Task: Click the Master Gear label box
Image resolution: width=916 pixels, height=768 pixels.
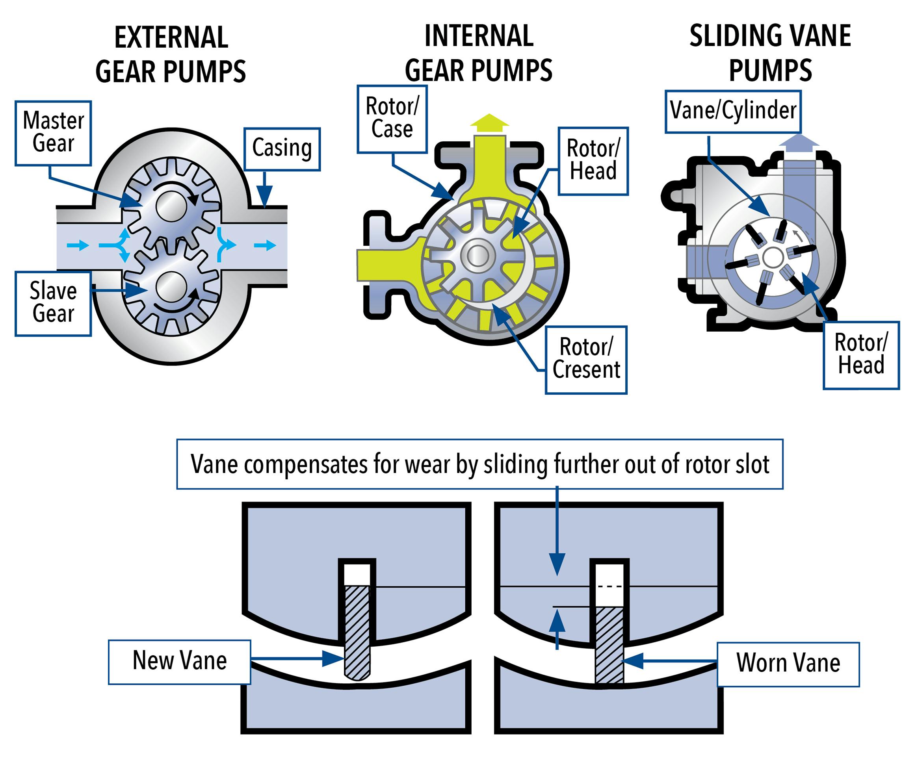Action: (53, 133)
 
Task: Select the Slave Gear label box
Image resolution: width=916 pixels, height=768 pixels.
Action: (53, 304)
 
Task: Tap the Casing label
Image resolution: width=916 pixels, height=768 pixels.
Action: (282, 149)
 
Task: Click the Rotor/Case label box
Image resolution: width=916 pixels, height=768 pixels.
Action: (392, 119)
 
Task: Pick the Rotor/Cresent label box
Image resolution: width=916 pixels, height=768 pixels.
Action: (585, 359)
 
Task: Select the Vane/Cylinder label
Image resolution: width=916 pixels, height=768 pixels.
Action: (733, 111)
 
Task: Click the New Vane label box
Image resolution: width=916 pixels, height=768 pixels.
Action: (179, 662)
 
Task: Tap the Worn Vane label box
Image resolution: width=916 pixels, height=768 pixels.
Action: (788, 664)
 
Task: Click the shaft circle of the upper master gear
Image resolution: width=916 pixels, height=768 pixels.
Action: (171, 207)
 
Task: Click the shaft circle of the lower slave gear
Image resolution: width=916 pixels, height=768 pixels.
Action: (171, 287)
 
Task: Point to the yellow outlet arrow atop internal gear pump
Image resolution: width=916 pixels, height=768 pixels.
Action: (489, 122)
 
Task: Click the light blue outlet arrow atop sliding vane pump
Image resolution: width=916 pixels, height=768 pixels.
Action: (799, 143)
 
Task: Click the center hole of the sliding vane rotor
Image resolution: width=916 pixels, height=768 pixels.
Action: (773, 257)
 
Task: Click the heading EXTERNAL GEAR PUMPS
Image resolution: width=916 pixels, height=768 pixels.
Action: (171, 54)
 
